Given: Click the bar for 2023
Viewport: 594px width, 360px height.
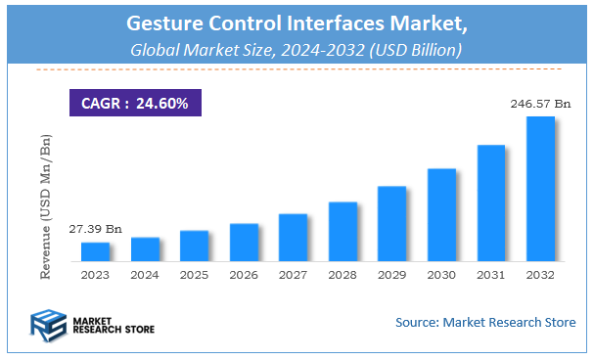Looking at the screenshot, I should point(95,252).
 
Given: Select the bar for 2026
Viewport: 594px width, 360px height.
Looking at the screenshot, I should point(244,243).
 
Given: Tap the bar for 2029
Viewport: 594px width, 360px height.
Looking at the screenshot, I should point(391,224).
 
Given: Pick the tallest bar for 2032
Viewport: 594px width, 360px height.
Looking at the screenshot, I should point(540,190).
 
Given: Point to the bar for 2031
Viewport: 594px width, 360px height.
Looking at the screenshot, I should point(490,203).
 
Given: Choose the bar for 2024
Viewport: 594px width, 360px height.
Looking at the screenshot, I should point(145,249).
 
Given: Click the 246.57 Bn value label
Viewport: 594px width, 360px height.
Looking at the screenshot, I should point(537,102).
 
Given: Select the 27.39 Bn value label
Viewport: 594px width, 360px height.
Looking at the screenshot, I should point(95,228).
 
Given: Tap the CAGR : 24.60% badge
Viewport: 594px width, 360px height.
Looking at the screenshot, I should point(135,102).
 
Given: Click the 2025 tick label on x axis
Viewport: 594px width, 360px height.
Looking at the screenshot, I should point(194,277).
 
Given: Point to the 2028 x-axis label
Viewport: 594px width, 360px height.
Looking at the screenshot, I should point(343,277).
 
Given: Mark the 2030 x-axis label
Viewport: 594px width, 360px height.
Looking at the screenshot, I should point(441,277).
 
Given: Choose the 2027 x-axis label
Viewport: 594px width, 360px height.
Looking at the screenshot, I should point(293,277).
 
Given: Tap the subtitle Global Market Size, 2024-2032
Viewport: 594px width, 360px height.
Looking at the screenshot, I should point(296,48).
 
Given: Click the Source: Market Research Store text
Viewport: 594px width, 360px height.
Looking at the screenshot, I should point(485,322).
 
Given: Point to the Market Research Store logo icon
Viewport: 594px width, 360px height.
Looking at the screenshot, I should point(48,324).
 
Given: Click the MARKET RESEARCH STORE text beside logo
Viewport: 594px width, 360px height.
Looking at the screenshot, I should point(112,324).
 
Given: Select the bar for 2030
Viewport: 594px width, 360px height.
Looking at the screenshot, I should point(441,215).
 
